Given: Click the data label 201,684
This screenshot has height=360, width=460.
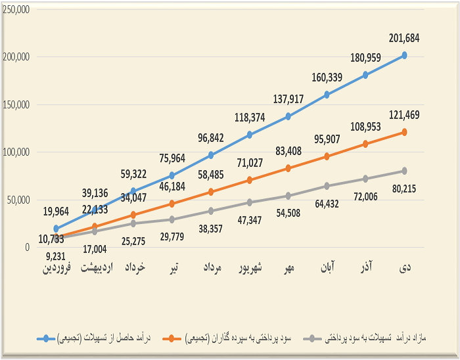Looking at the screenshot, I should point(404,38).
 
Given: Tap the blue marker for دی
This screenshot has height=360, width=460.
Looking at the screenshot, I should point(404,55).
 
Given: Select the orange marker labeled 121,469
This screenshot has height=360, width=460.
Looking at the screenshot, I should point(404,132).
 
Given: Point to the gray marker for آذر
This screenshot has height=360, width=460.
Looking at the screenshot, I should point(365,179).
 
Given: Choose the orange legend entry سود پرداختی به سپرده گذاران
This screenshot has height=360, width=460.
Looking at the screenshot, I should point(237,338).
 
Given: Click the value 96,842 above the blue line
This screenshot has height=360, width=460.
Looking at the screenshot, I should point(211,139).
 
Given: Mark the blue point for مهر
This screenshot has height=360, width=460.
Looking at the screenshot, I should point(288,116).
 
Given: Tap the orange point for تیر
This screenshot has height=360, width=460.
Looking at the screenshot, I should point(172,204).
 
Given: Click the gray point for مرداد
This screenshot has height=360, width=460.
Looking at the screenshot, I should point(211,211).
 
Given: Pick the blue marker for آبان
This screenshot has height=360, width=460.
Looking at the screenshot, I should point(327,95).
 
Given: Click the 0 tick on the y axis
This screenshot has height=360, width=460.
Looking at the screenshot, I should point(27,248).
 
